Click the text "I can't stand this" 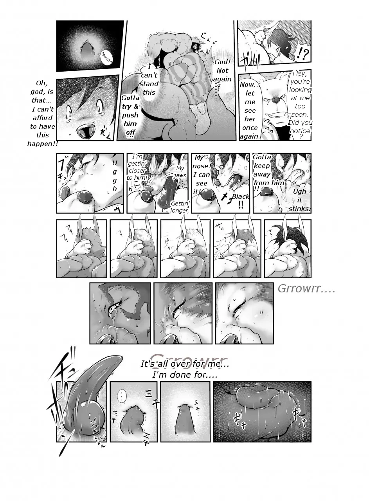coord(149,80)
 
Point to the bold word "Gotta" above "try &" coord(130,98)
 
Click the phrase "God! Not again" coord(222,70)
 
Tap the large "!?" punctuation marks coord(301,52)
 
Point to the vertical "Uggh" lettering coord(114,175)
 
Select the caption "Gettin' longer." coord(180,207)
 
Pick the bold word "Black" coord(240,196)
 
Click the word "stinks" coord(299,209)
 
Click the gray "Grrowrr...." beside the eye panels coord(306,289)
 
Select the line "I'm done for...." coord(185,375)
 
